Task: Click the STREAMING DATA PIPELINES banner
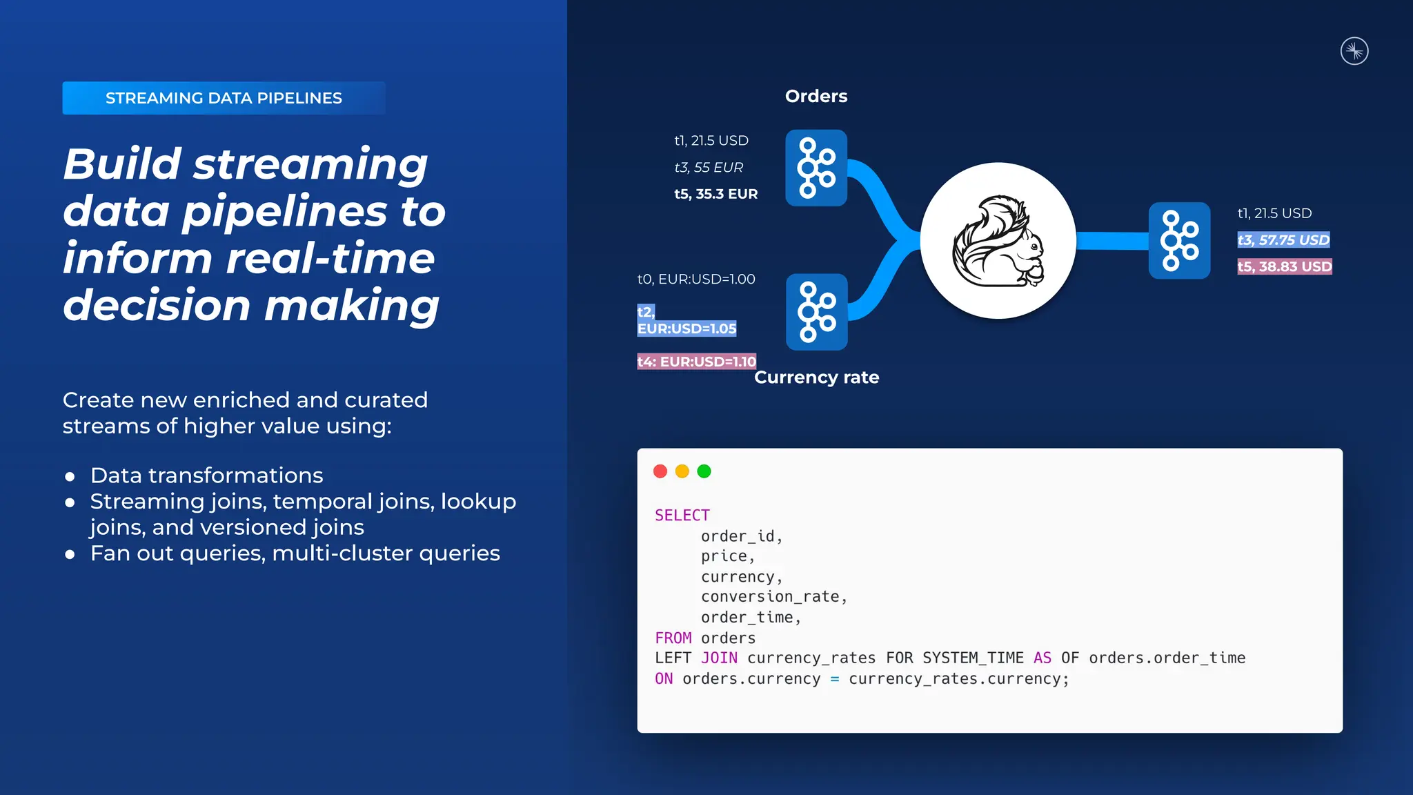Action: pyautogui.click(x=224, y=98)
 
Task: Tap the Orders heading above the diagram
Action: pyautogui.click(x=816, y=96)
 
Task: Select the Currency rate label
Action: pyautogui.click(x=816, y=377)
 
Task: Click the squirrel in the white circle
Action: pyautogui.click(x=998, y=241)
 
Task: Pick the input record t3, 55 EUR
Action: pyautogui.click(x=709, y=168)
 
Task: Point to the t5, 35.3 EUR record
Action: pyautogui.click(x=715, y=194)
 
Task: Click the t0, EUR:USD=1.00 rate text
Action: pyautogui.click(x=696, y=279)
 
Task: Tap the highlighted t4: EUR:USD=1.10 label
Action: pyautogui.click(x=696, y=362)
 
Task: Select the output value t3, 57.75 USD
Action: pyautogui.click(x=1283, y=240)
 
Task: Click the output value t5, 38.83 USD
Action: pyautogui.click(x=1284, y=266)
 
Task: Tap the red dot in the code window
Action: pyautogui.click(x=660, y=471)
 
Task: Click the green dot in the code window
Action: pyautogui.click(x=704, y=471)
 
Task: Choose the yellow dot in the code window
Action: pyautogui.click(x=682, y=471)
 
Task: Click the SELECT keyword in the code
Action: pyautogui.click(x=682, y=516)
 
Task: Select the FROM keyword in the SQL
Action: pyautogui.click(x=673, y=638)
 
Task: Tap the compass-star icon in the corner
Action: pyautogui.click(x=1354, y=51)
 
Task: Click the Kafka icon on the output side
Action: pyautogui.click(x=1179, y=241)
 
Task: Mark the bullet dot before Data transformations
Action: pyautogui.click(x=70, y=477)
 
